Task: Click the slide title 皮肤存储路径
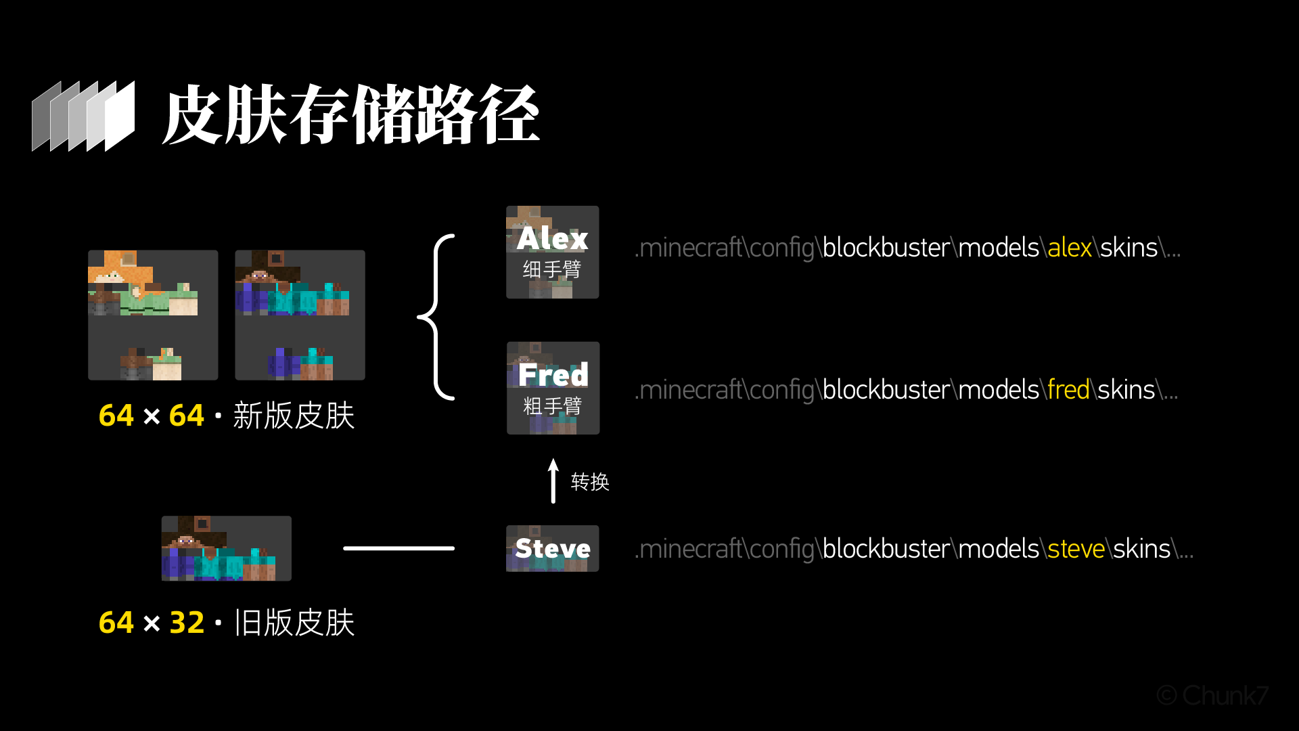coord(350,115)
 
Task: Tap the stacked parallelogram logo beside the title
coord(83,116)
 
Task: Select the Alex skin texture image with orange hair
coord(153,315)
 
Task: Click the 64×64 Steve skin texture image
coord(300,315)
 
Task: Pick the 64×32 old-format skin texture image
coord(226,548)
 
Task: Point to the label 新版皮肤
coord(294,416)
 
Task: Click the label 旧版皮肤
coord(294,623)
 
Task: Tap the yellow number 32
coord(187,623)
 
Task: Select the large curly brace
coord(436,317)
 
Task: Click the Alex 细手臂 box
coord(552,252)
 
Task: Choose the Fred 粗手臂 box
coord(553,388)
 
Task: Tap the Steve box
coord(552,548)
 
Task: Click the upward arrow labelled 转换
coord(553,481)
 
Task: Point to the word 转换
coord(590,482)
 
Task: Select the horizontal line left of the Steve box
coord(398,548)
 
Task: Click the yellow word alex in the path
coord(1070,248)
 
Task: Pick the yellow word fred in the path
coord(1068,391)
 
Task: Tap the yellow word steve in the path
coord(1076,549)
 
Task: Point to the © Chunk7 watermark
coord(1212,695)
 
